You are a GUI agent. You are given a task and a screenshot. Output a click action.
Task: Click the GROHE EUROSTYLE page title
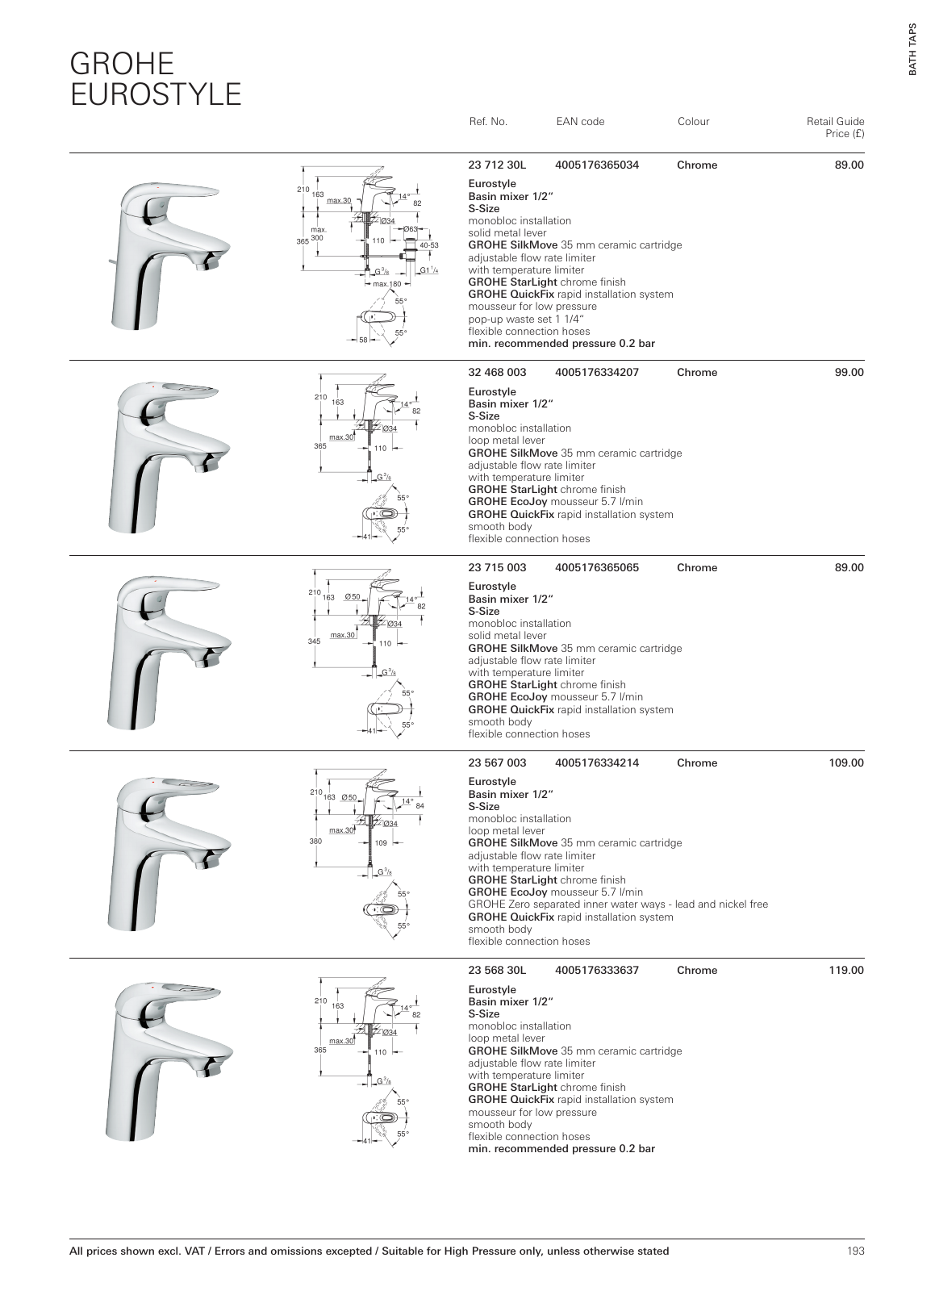coord(155,78)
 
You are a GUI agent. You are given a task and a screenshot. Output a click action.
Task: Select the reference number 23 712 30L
coord(497,165)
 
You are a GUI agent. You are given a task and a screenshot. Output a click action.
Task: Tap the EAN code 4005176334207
coord(597,373)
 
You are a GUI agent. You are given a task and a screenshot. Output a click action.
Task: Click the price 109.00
coord(846,763)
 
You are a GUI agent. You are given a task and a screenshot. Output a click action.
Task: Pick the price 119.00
coord(846,971)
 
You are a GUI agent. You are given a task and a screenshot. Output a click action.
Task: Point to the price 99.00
coord(849,373)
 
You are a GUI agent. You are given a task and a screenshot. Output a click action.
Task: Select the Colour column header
coord(693,122)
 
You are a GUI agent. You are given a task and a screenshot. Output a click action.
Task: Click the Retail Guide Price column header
coord(835,127)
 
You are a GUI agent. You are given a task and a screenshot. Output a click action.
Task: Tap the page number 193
coord(855,1251)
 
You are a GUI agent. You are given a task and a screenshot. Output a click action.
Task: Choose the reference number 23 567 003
coord(497,763)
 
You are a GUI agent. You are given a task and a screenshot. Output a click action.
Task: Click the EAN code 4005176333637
coord(597,971)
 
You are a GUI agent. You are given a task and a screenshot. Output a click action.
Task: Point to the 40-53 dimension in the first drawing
coord(428,245)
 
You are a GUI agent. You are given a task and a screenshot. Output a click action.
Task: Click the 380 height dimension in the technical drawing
coord(315,841)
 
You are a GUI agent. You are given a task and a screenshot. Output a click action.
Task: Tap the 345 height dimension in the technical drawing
coord(314,641)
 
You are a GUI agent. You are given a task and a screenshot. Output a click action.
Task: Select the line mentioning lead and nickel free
coord(618,905)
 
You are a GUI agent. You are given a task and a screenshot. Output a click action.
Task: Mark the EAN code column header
coord(580,122)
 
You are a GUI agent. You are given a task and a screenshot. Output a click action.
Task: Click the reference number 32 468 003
coord(497,373)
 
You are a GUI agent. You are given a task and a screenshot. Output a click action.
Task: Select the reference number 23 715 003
coord(497,568)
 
